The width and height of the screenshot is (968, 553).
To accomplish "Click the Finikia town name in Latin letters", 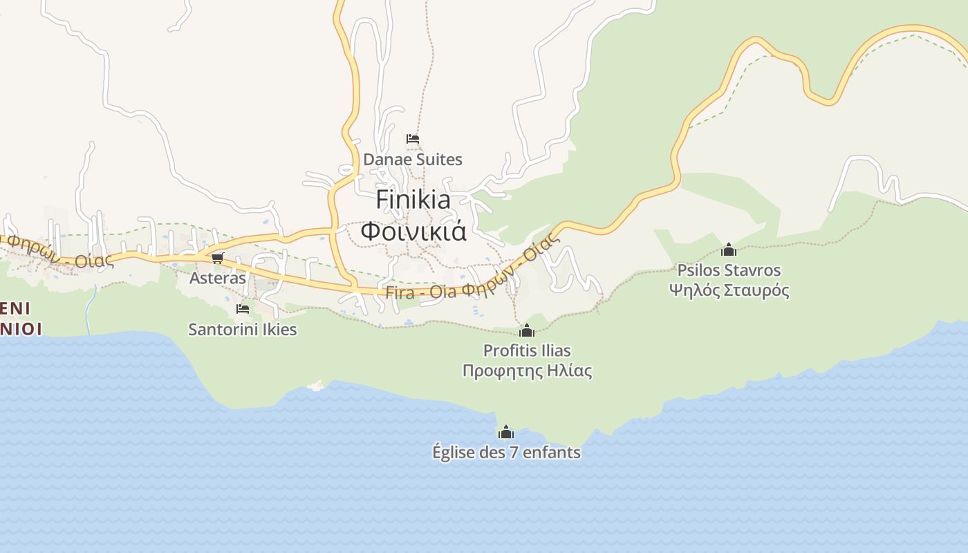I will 413,200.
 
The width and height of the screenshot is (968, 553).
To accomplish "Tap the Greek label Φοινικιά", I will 413,231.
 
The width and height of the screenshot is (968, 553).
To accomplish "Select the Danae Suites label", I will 413,160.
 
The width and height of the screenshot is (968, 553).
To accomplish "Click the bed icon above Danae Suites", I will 413,139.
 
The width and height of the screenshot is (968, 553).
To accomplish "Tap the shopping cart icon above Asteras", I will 218,258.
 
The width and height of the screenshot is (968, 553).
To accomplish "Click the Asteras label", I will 218,278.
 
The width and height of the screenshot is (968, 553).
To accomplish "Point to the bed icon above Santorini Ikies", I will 243,308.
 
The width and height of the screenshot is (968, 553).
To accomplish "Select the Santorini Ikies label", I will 243,329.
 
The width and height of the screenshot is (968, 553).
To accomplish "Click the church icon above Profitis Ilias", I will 527,330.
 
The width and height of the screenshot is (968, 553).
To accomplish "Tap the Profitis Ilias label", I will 527,350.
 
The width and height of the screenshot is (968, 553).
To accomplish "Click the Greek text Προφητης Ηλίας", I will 527,371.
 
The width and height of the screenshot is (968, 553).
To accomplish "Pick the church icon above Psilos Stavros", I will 729,250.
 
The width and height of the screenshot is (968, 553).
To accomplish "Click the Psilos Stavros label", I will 729,270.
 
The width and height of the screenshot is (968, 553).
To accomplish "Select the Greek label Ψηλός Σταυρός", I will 729,290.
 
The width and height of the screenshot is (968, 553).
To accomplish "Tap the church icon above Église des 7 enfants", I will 506,433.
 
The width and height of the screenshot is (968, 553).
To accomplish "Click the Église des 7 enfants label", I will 506,453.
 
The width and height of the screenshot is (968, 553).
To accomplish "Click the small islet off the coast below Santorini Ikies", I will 316,385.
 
